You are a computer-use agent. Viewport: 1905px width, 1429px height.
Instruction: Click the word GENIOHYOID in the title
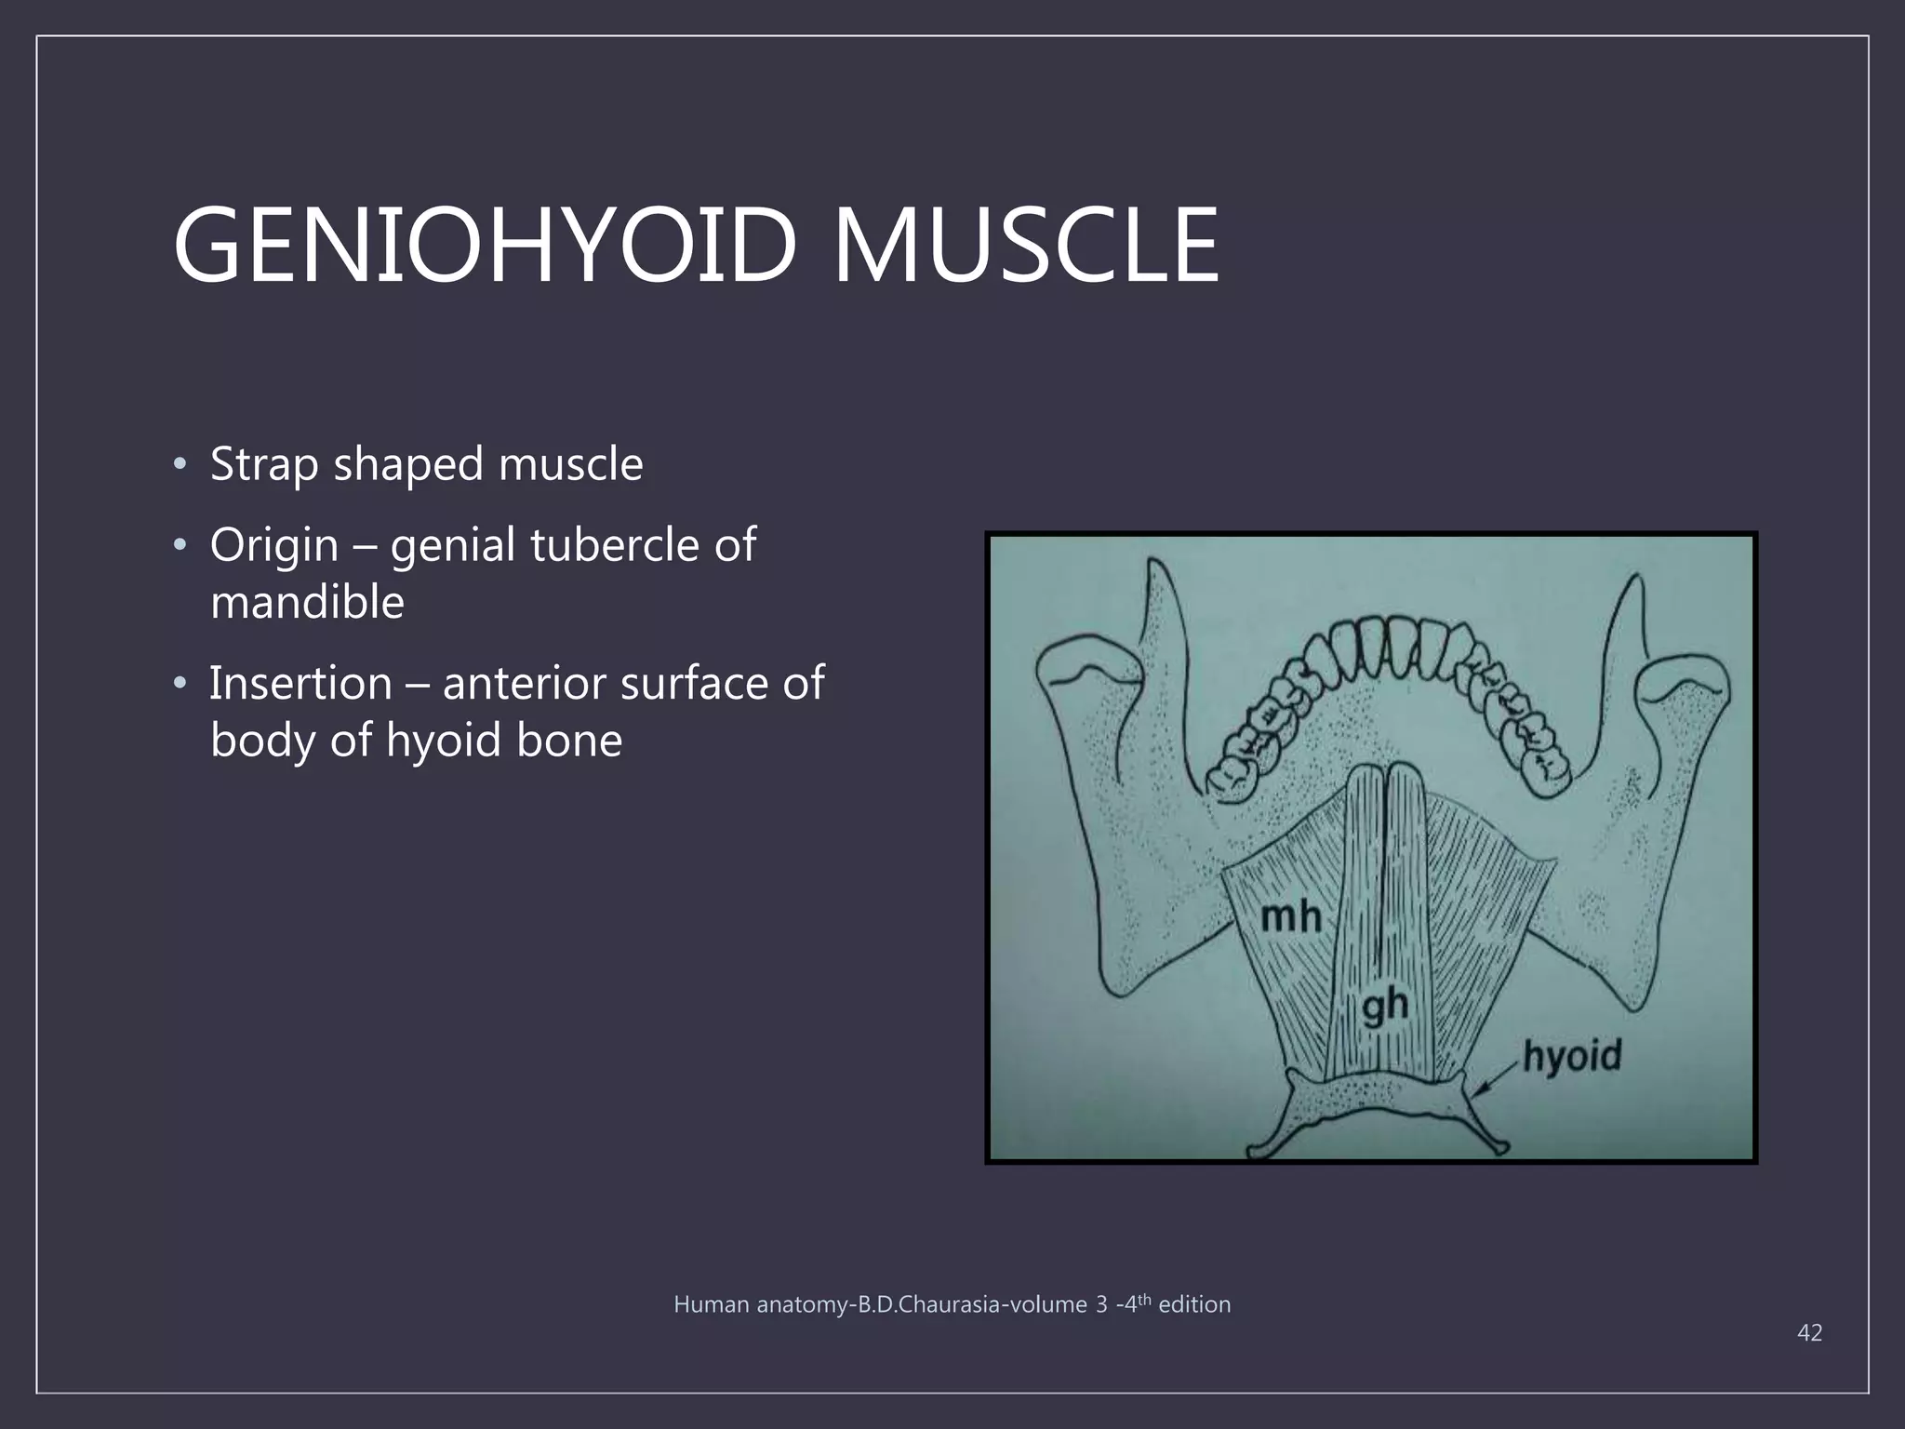tap(485, 247)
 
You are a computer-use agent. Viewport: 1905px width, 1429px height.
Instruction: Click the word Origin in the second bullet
tap(273, 546)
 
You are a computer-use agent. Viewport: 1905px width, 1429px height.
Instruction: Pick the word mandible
tap(307, 602)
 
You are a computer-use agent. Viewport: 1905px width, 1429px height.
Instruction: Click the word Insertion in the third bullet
tap(300, 684)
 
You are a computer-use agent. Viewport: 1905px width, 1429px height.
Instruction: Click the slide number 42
tap(1809, 1333)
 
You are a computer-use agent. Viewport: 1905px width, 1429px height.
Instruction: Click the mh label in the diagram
tap(1290, 917)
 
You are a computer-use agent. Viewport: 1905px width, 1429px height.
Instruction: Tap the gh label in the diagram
tap(1385, 1007)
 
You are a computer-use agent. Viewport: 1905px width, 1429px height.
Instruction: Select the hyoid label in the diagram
tap(1572, 1057)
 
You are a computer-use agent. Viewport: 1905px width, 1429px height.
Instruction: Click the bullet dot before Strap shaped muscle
tap(180, 464)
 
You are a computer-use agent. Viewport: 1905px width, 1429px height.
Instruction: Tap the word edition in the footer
tap(1194, 1305)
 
